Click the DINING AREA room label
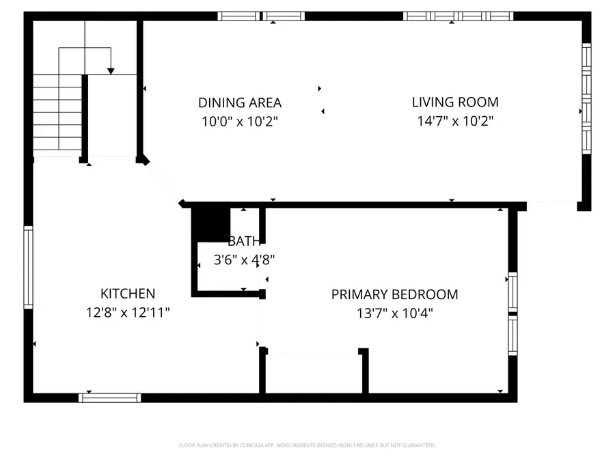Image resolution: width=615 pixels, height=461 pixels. click(x=240, y=103)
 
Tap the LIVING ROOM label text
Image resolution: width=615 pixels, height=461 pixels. click(x=455, y=102)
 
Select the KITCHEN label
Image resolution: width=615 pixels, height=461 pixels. click(x=128, y=294)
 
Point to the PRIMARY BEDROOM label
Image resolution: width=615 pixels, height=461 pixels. click(x=394, y=295)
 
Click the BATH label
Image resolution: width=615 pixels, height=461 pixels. click(x=244, y=241)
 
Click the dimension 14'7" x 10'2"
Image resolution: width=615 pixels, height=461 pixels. click(x=455, y=121)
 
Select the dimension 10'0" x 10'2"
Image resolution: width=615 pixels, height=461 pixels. click(x=240, y=122)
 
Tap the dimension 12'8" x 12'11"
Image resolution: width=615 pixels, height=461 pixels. click(x=128, y=312)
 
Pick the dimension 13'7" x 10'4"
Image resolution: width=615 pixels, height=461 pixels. click(x=394, y=313)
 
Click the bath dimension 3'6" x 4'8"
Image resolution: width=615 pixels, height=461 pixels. click(x=245, y=260)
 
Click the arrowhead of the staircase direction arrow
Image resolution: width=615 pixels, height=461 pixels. click(x=111, y=70)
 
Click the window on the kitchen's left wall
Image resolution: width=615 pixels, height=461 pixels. click(x=28, y=267)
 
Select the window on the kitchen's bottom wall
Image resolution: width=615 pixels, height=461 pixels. click(x=110, y=397)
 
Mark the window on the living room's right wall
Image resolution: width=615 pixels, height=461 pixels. click(x=586, y=99)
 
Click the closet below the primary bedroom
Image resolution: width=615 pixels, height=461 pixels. click(x=313, y=374)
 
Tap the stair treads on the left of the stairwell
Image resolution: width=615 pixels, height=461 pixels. click(x=57, y=113)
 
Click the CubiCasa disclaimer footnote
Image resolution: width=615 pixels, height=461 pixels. click(x=307, y=445)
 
